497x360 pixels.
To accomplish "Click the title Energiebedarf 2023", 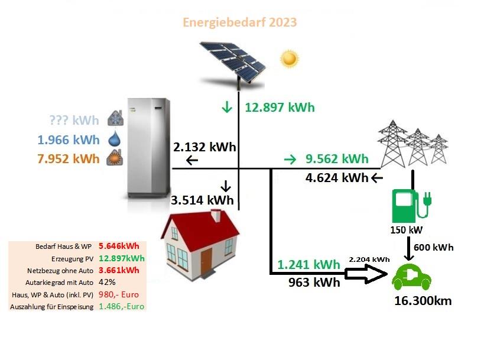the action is pos(239,22).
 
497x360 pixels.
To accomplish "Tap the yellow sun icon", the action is pos(289,59).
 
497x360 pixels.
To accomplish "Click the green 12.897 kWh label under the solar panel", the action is pos(280,107).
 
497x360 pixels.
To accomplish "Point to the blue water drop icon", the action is pos(115,138).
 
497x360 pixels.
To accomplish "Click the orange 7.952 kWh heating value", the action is pos(69,158).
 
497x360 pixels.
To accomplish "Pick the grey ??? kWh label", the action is pos(74,120).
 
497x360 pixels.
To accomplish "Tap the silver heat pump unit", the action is pos(149,148).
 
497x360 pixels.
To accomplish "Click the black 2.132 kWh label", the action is pos(204,147).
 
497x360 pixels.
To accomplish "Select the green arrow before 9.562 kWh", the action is pos(290,159).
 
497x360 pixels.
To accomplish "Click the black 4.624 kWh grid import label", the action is pos(337,178).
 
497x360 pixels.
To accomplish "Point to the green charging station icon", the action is pos(411,206).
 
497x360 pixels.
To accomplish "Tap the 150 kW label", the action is pos(407,229).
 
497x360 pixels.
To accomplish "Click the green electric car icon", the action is pos(411,277).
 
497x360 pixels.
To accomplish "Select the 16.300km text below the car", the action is pos(423,301).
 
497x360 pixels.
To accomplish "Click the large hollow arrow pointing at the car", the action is pos(366,274).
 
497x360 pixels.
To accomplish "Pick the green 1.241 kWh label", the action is pos(308,264).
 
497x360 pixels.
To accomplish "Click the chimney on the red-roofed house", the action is pos(216,215).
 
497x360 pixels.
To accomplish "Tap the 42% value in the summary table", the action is pos(107,283).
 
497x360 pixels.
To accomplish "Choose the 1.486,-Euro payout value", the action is pos(121,306).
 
